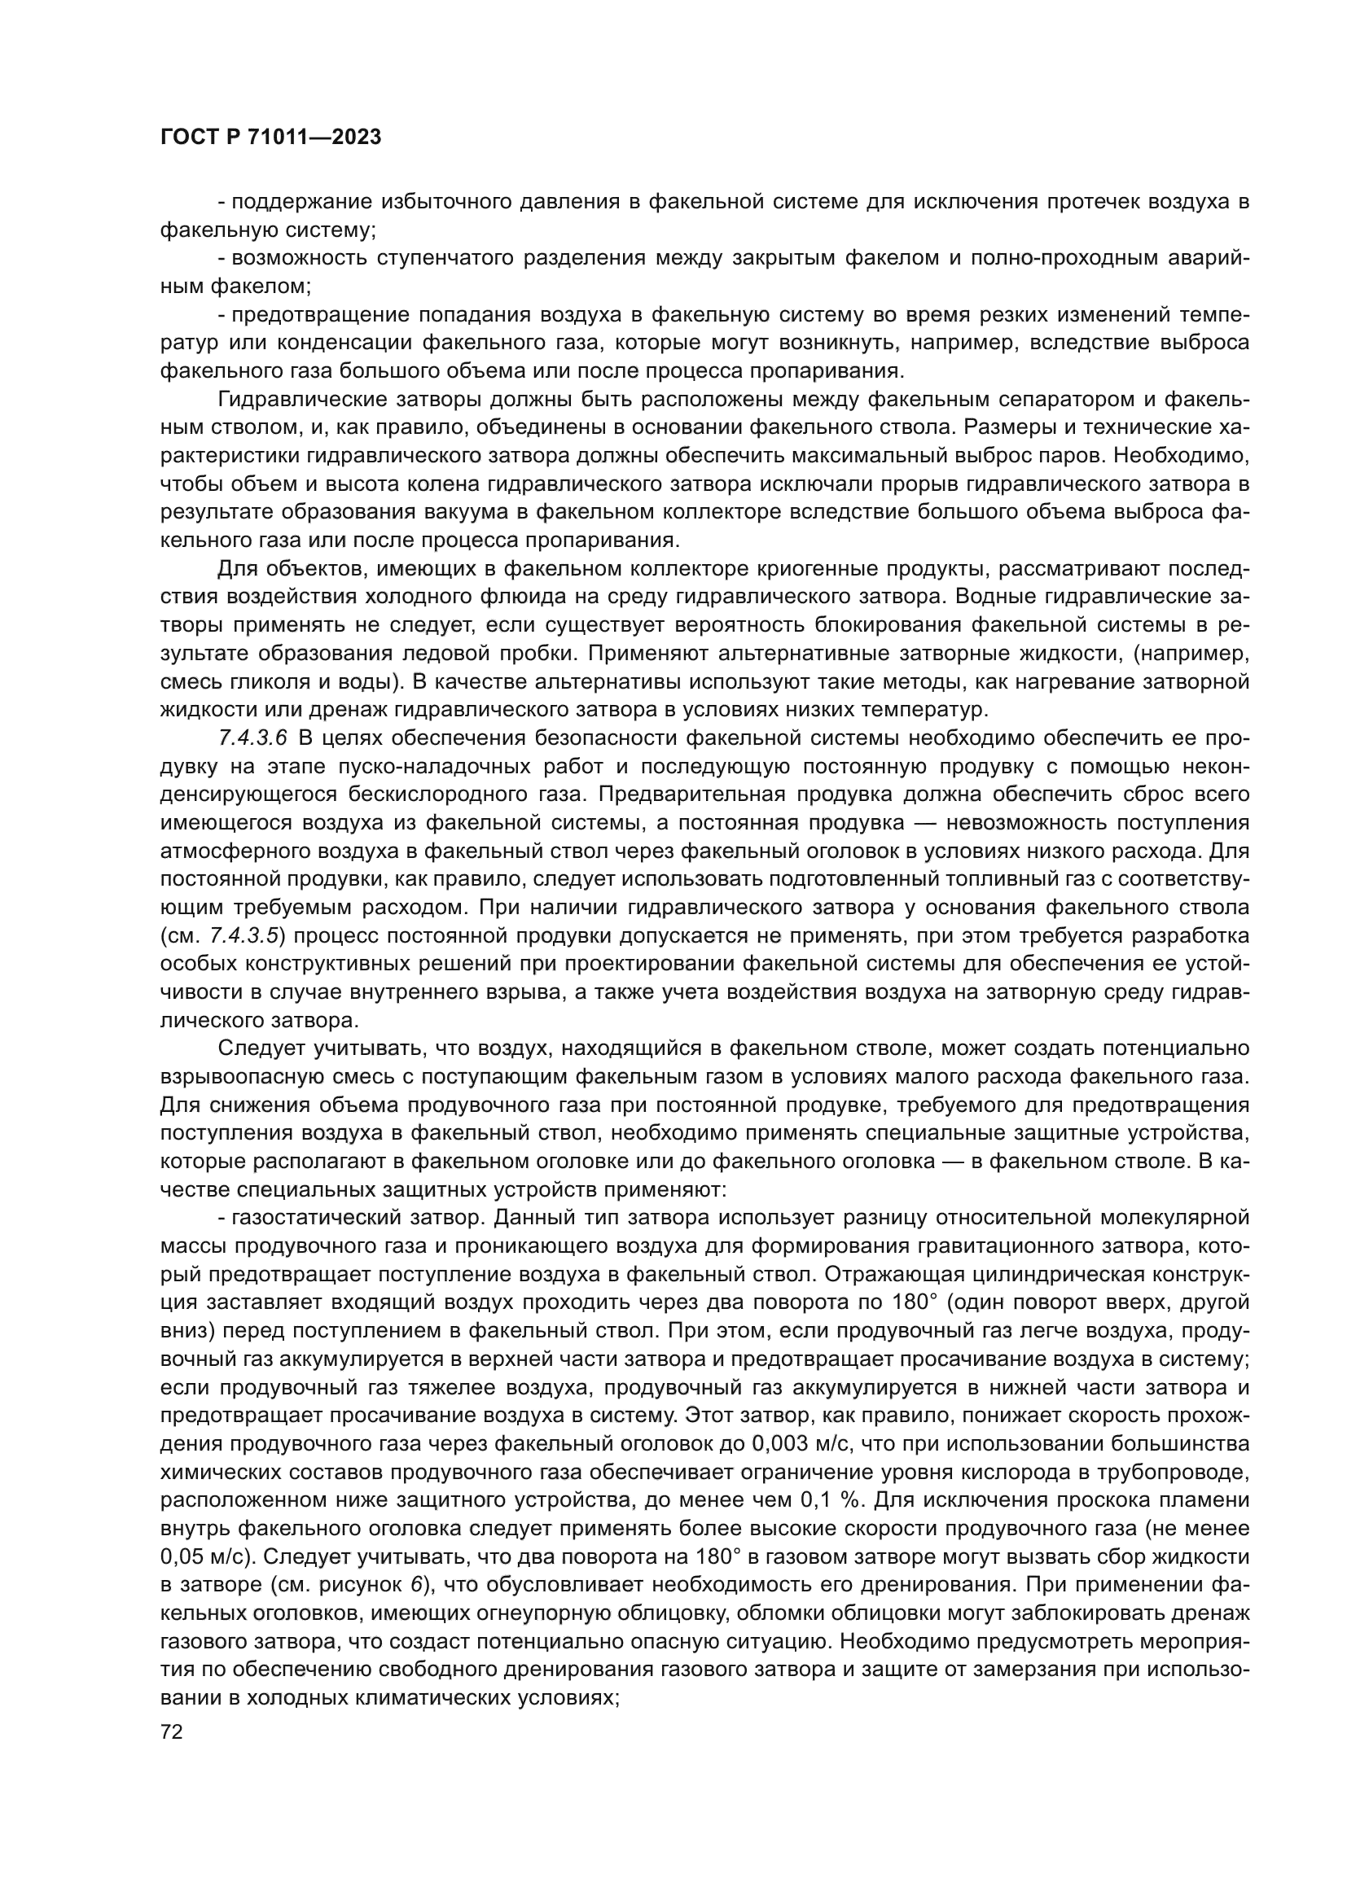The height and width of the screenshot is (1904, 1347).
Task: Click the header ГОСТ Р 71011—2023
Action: point(270,138)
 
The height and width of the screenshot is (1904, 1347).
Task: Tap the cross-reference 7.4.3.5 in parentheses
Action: point(244,935)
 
